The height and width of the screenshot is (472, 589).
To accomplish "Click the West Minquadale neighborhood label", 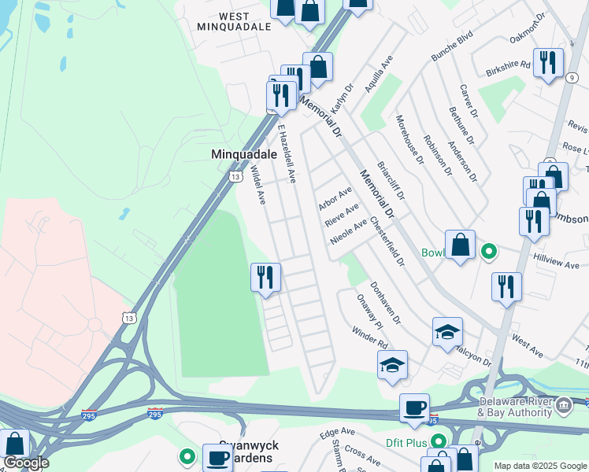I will click(x=235, y=20).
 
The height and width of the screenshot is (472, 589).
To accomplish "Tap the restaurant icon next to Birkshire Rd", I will click(x=548, y=62).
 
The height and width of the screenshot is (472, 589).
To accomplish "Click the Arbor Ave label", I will click(x=335, y=199).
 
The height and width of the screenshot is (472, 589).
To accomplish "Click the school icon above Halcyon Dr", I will click(x=447, y=331).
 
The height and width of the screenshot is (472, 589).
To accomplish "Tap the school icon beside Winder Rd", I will click(x=392, y=364).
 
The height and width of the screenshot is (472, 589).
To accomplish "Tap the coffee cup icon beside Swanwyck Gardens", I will click(x=217, y=458).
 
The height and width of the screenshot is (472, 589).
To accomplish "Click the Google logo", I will click(x=26, y=463).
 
